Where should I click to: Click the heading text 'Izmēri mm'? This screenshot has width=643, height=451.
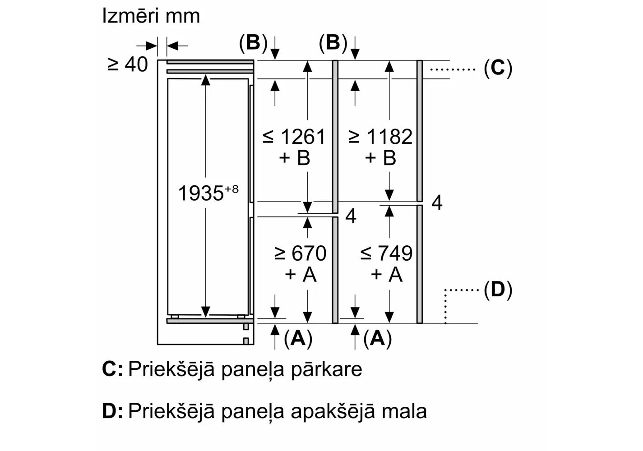(x=151, y=17)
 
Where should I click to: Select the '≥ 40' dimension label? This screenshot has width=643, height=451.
(x=128, y=64)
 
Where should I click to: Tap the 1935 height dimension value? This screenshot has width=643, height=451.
(x=201, y=194)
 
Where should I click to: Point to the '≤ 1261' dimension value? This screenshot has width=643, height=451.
(x=294, y=137)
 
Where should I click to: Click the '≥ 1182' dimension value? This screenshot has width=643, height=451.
(x=380, y=137)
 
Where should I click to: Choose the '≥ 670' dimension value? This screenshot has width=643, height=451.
(x=300, y=253)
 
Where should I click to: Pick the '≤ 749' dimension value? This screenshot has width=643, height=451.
(x=386, y=253)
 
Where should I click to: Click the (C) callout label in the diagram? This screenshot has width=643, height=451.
(x=498, y=68)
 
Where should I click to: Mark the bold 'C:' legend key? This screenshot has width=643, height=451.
(x=112, y=369)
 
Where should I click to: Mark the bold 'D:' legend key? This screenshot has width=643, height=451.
(x=112, y=411)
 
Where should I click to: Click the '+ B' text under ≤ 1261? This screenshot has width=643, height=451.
(x=295, y=158)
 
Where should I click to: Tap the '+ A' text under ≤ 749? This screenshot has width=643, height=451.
(x=387, y=274)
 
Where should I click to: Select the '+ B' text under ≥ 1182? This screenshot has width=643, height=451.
(x=381, y=158)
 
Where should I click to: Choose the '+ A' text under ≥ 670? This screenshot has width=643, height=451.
(x=301, y=274)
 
